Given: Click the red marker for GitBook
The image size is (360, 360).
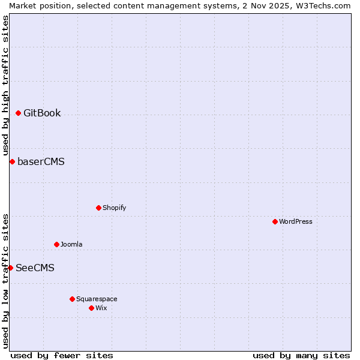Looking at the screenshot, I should (18, 113).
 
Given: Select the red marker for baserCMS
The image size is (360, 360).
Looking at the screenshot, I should (12, 161).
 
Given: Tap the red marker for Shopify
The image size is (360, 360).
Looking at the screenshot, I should (98, 208).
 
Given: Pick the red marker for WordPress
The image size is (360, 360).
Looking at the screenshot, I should (275, 221).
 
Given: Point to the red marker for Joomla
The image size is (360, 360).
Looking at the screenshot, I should (56, 244).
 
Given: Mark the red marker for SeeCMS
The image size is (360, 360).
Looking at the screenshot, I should (10, 268).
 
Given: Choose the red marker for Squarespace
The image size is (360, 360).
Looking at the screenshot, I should (72, 299).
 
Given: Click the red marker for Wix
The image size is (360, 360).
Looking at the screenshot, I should (91, 308).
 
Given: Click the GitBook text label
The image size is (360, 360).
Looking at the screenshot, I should (42, 113).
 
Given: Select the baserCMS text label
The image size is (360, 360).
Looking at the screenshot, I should (41, 161).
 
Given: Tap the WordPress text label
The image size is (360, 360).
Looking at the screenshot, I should (296, 221).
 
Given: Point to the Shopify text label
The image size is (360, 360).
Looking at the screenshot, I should (114, 208).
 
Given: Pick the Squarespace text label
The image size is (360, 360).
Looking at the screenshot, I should (97, 299).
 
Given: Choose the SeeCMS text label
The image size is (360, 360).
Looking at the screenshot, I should (35, 268).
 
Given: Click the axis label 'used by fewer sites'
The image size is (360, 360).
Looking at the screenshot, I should (62, 355).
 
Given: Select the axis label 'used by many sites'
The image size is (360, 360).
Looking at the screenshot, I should (301, 355).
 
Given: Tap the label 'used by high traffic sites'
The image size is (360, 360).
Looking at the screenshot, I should (5, 85).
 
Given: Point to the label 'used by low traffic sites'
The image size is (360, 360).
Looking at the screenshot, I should (5, 280).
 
